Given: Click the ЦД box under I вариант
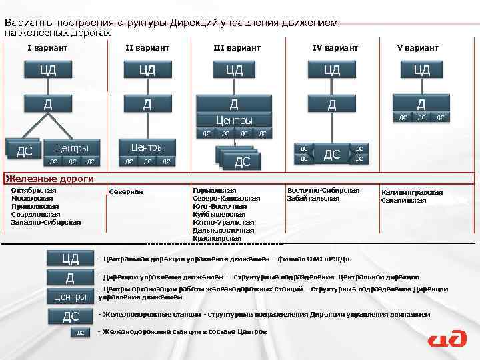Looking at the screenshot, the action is pos(47,70).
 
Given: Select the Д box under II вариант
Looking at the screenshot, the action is pos(147,103).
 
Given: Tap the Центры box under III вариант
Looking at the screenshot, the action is pos(233,121).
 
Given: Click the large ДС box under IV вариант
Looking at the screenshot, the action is pos(332,155).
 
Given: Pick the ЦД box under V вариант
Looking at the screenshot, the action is pos(421,70).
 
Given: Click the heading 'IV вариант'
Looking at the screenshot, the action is pos(335,48).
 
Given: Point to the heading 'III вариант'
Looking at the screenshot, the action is pos(237,48).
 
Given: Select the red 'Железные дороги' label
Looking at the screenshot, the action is pos(49,179).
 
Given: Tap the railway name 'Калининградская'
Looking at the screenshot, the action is pos(411,192).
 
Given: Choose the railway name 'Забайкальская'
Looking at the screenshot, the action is pos(313,198).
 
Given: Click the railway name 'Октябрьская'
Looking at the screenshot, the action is pos(34,190).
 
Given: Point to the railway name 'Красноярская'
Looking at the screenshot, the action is pos(217,238).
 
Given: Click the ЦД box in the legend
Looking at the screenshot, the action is pos(70,258).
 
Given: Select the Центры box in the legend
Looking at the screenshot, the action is pos(70,296).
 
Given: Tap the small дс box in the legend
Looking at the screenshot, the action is pos(79,332).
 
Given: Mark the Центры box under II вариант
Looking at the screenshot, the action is pos(147,147).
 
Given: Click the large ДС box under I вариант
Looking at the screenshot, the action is pos(25,151).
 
